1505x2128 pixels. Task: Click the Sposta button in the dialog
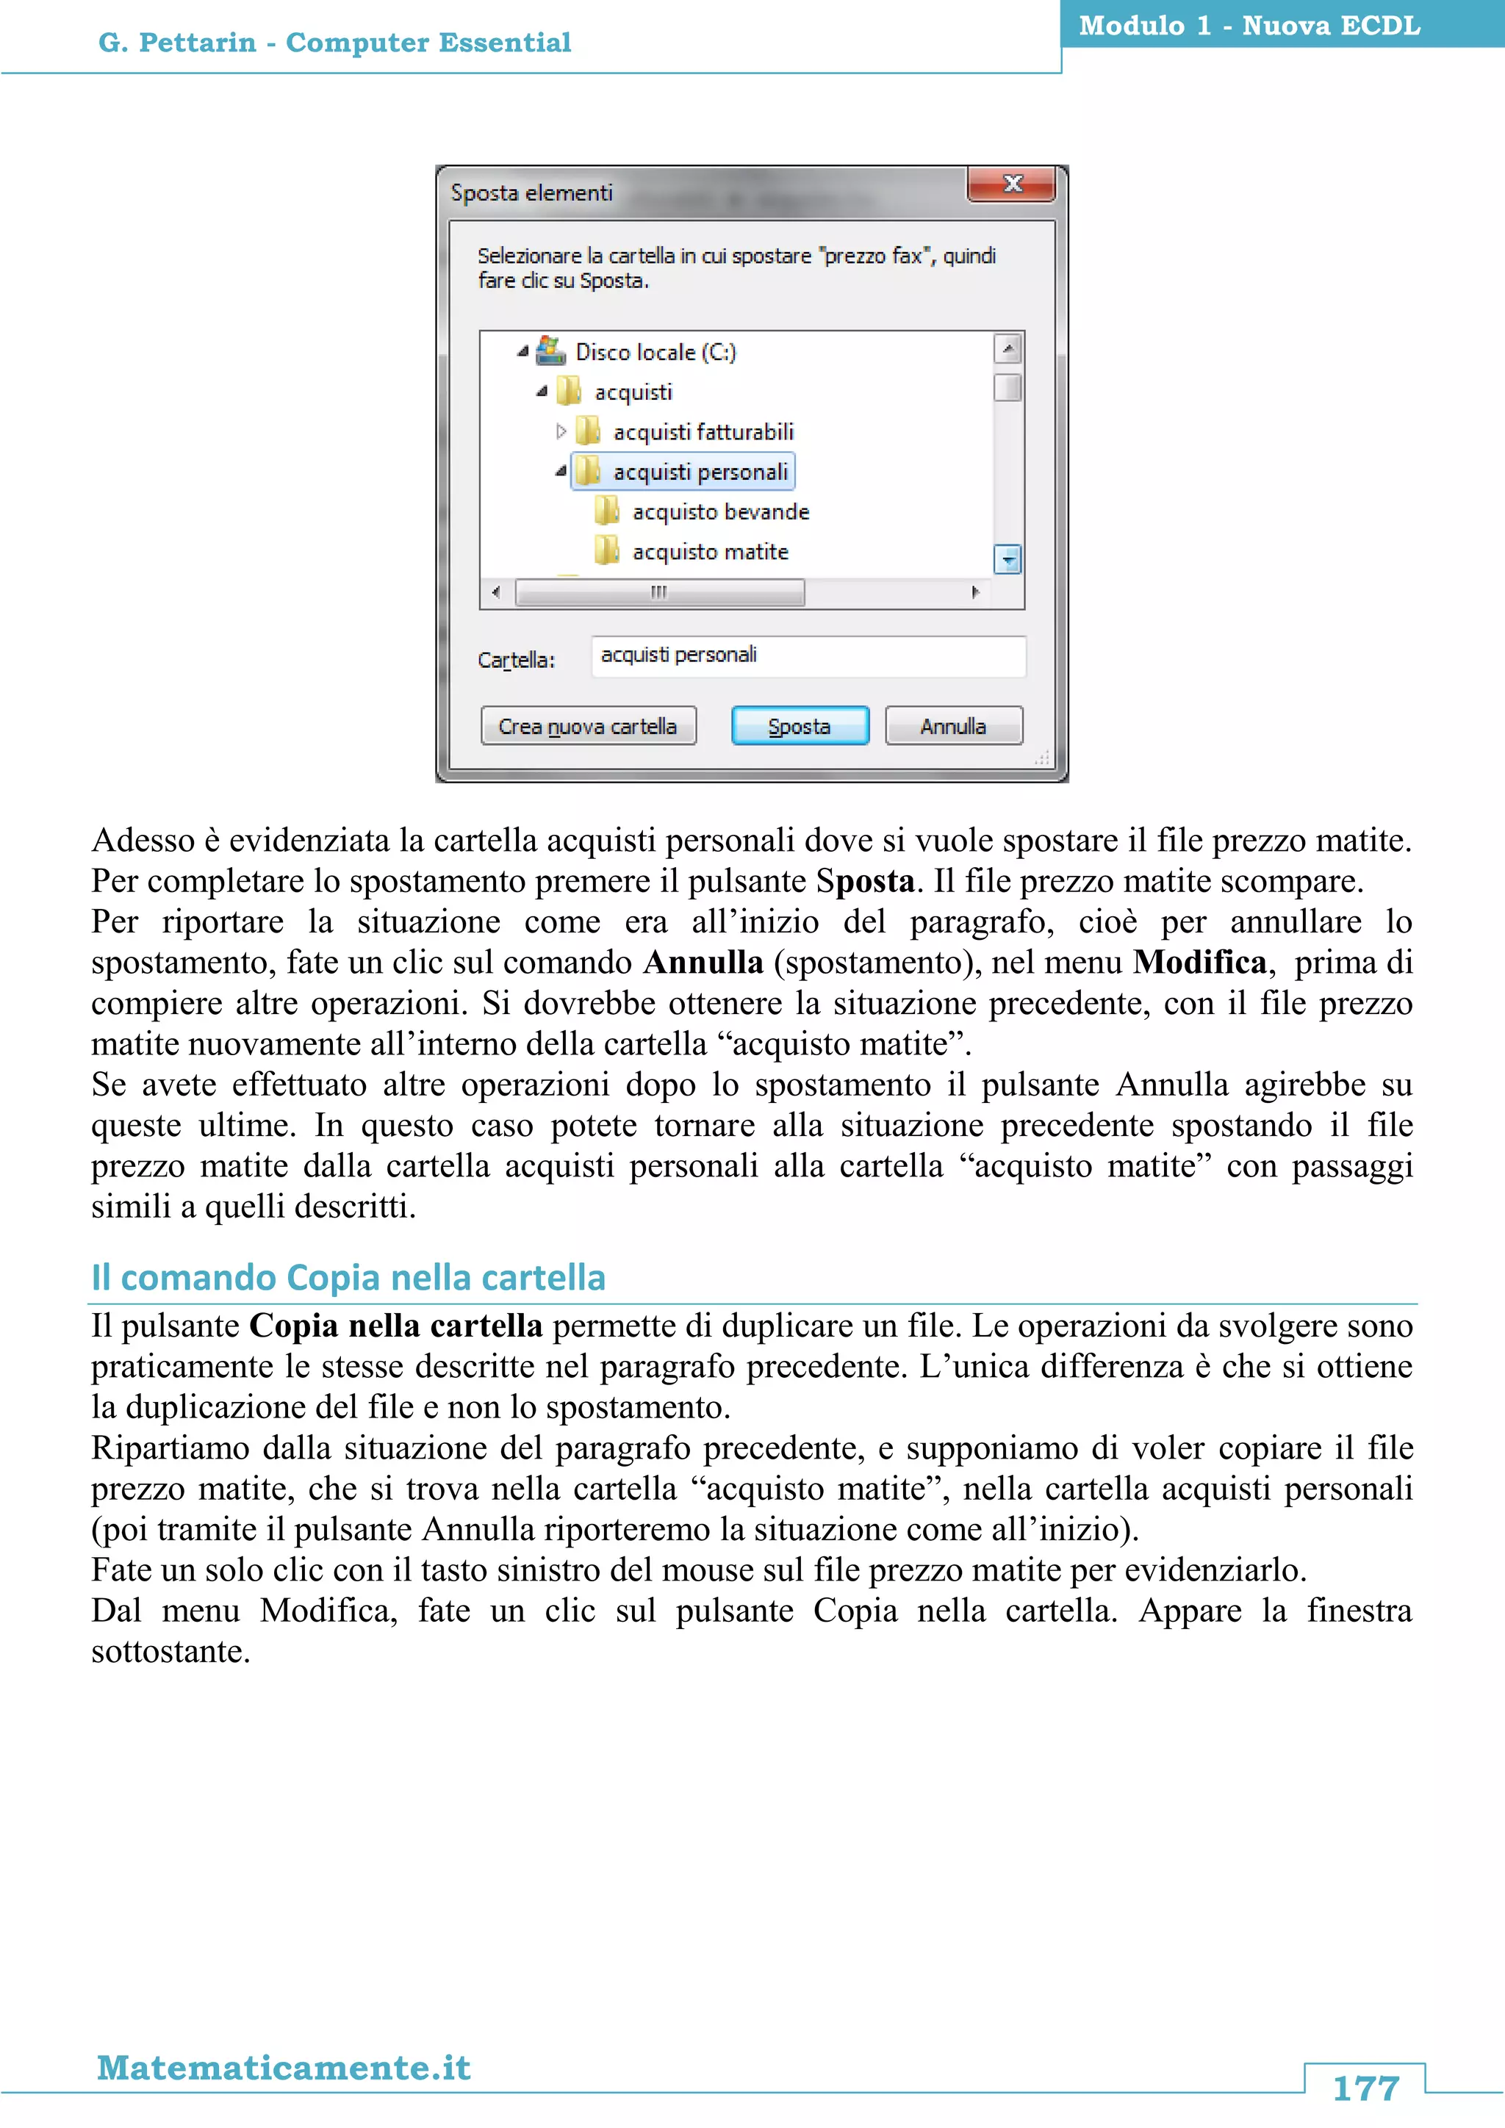(800, 726)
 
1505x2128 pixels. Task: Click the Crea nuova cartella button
(588, 726)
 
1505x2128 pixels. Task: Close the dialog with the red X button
(1011, 184)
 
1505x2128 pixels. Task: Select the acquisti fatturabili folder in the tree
(703, 432)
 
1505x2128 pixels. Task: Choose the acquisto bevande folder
(720, 511)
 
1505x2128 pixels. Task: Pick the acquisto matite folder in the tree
(710, 551)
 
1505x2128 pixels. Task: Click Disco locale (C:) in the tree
(654, 352)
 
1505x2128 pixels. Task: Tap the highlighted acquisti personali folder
(700, 472)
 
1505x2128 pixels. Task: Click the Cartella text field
(807, 655)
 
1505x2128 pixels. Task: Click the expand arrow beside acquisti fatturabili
(561, 431)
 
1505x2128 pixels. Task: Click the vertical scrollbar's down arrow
(1007, 559)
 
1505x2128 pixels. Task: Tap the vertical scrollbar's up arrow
(1007, 348)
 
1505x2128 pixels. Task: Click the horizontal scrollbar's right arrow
(975, 592)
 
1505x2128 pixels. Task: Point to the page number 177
(1365, 2088)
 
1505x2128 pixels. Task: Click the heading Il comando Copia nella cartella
(348, 1277)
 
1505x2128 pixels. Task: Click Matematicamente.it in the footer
(284, 2067)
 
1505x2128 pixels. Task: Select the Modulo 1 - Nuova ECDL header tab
(1249, 26)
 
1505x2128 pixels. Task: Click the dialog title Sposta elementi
(532, 193)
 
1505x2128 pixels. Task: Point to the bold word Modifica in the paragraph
(1200, 962)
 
